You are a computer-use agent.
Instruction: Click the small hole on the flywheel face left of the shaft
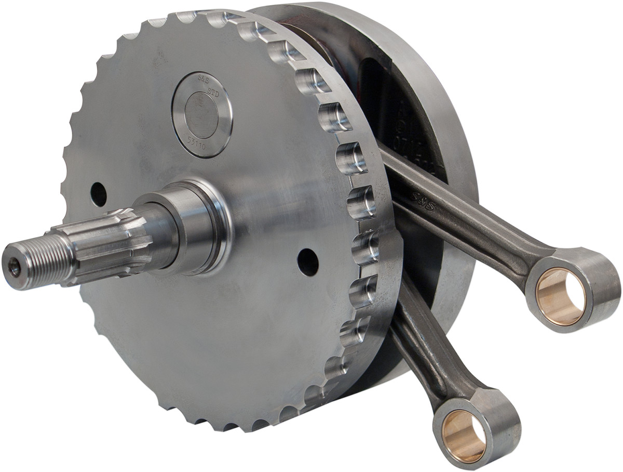click(x=98, y=194)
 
